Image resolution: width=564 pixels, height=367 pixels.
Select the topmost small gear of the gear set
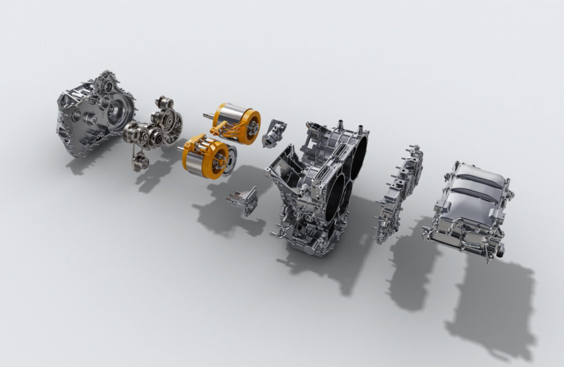coord(164,102)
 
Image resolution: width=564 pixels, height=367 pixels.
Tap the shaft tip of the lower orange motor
coord(180,148)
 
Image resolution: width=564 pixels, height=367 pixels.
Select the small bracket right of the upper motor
coord(274,133)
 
